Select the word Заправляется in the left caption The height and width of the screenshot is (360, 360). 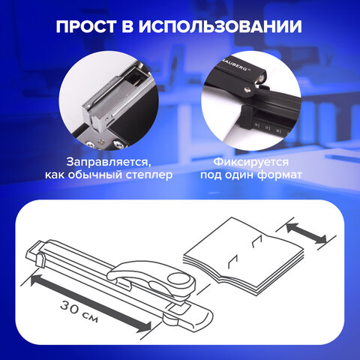tap(101, 162)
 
